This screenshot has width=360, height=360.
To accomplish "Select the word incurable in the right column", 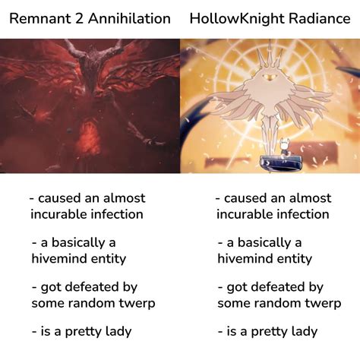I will [x=248, y=214].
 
